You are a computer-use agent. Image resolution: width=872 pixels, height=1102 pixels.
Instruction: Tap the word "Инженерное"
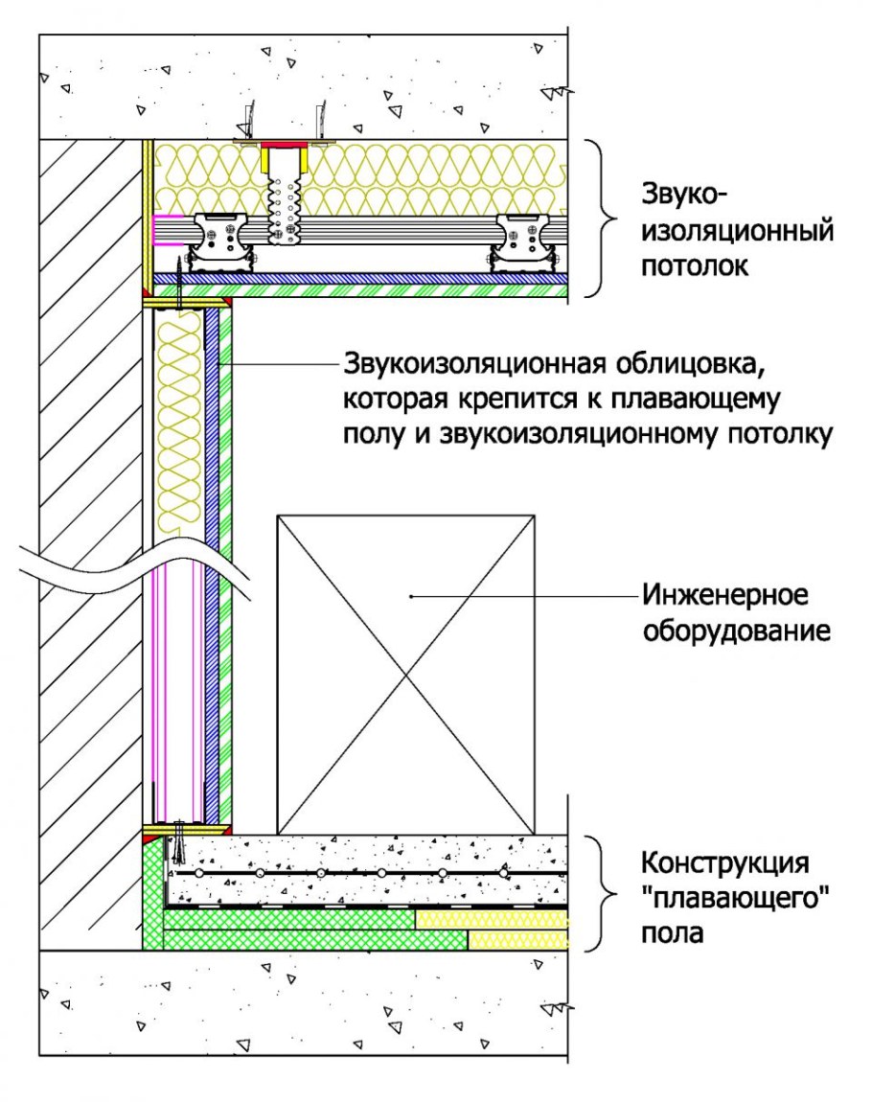[x=725, y=596]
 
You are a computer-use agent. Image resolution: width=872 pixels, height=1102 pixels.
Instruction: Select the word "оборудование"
[x=736, y=631]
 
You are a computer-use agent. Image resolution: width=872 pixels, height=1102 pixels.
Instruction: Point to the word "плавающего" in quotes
[x=734, y=898]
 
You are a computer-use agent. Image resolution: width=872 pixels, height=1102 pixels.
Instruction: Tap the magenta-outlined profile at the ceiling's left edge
[x=168, y=230]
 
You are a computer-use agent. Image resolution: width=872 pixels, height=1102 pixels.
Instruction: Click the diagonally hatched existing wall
[x=91, y=479]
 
